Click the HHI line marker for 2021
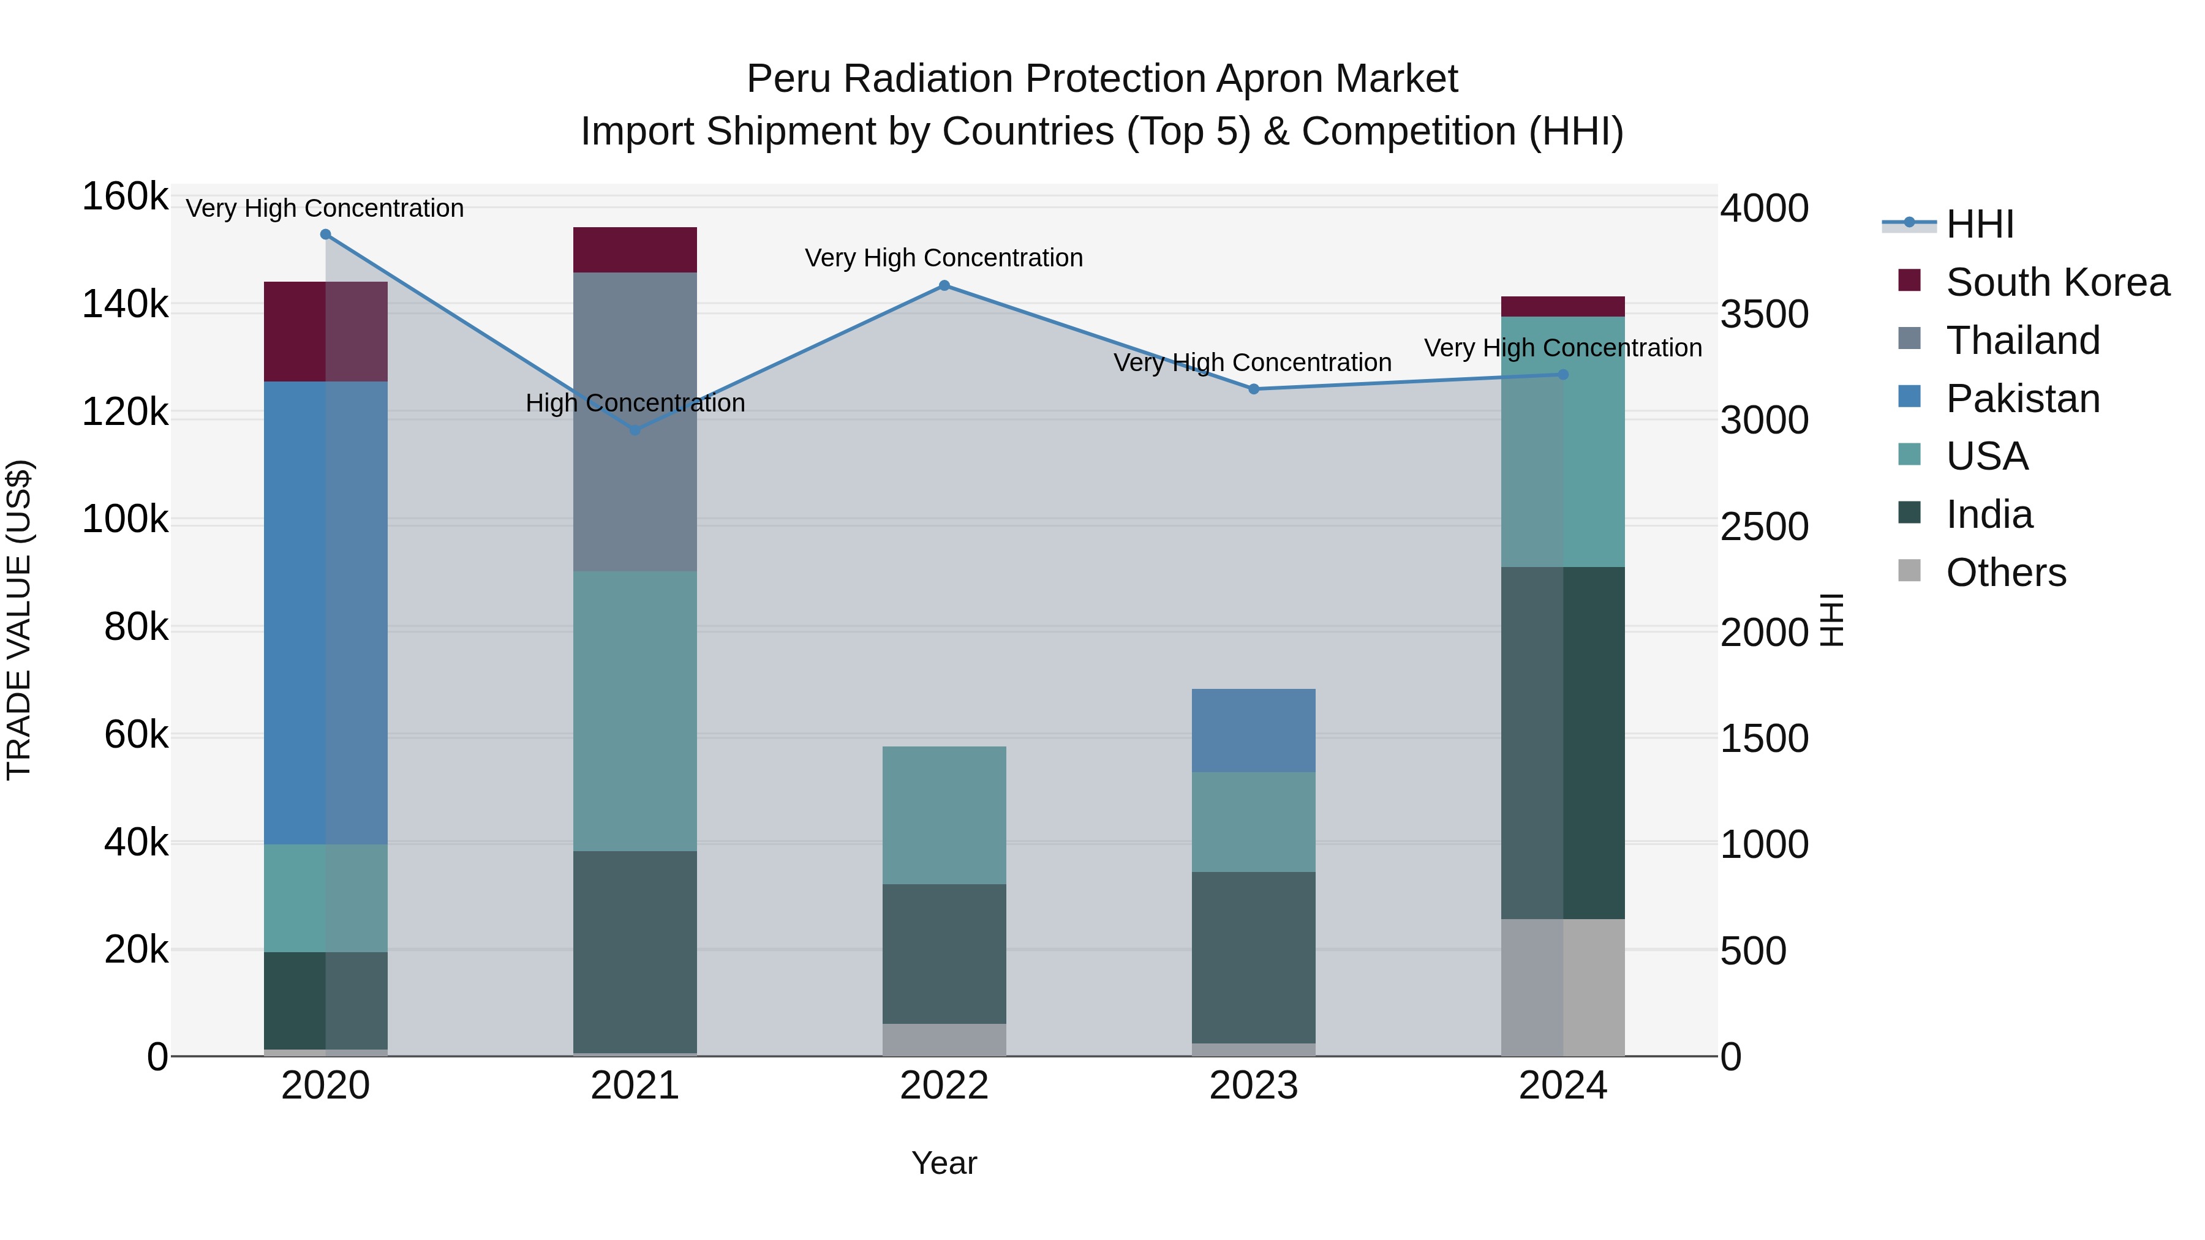(x=635, y=430)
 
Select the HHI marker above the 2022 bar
(x=944, y=286)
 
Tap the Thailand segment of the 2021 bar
(x=635, y=421)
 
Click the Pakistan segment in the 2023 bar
(x=1253, y=730)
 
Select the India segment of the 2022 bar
(x=944, y=953)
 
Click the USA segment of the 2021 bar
(x=635, y=710)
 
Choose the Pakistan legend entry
(x=2022, y=399)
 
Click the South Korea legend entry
(x=2056, y=282)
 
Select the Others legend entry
(x=2005, y=573)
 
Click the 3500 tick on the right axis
(x=1764, y=315)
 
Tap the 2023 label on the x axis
(x=1253, y=1086)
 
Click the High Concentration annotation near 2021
(x=635, y=403)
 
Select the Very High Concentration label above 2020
(x=325, y=208)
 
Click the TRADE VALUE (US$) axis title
(x=19, y=620)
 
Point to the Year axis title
(x=943, y=1163)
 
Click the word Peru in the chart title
(x=790, y=79)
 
